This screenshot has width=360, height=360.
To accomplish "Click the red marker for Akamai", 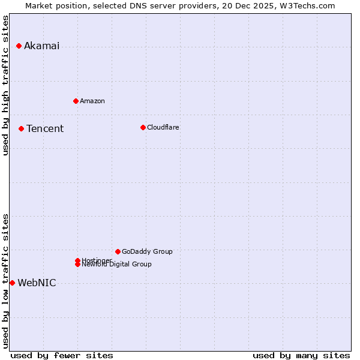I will pos(19,46).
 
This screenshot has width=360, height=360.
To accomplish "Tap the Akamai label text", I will pos(41,46).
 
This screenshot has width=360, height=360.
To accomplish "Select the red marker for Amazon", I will pos(76,101).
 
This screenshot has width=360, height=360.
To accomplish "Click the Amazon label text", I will pos(92,101).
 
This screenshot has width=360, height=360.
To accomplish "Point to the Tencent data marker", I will pos(21,128).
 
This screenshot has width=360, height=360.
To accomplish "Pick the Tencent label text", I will pos(45,129).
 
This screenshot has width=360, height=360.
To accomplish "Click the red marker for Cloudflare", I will pos(143,127).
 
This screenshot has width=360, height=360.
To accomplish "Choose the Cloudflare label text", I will pos(163,127).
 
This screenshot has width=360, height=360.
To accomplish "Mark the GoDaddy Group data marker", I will pos(118,251).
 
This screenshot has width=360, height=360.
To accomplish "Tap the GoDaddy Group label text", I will pos(147,251).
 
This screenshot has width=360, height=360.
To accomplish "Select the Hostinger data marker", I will pos(77,260).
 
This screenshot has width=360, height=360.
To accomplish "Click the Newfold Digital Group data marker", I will pos(77,264).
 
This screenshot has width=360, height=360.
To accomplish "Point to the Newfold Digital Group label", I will pos(117,265).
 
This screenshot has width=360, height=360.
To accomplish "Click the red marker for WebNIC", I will pos(12,283).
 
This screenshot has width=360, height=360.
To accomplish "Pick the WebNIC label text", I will pos(37,283).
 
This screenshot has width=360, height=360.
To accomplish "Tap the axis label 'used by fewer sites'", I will pos(62,355).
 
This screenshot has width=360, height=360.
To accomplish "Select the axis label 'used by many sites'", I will pos(301,355).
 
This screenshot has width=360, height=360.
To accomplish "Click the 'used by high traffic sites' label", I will pos(6,85).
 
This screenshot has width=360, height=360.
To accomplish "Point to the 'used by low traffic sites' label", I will pos(6,281).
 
